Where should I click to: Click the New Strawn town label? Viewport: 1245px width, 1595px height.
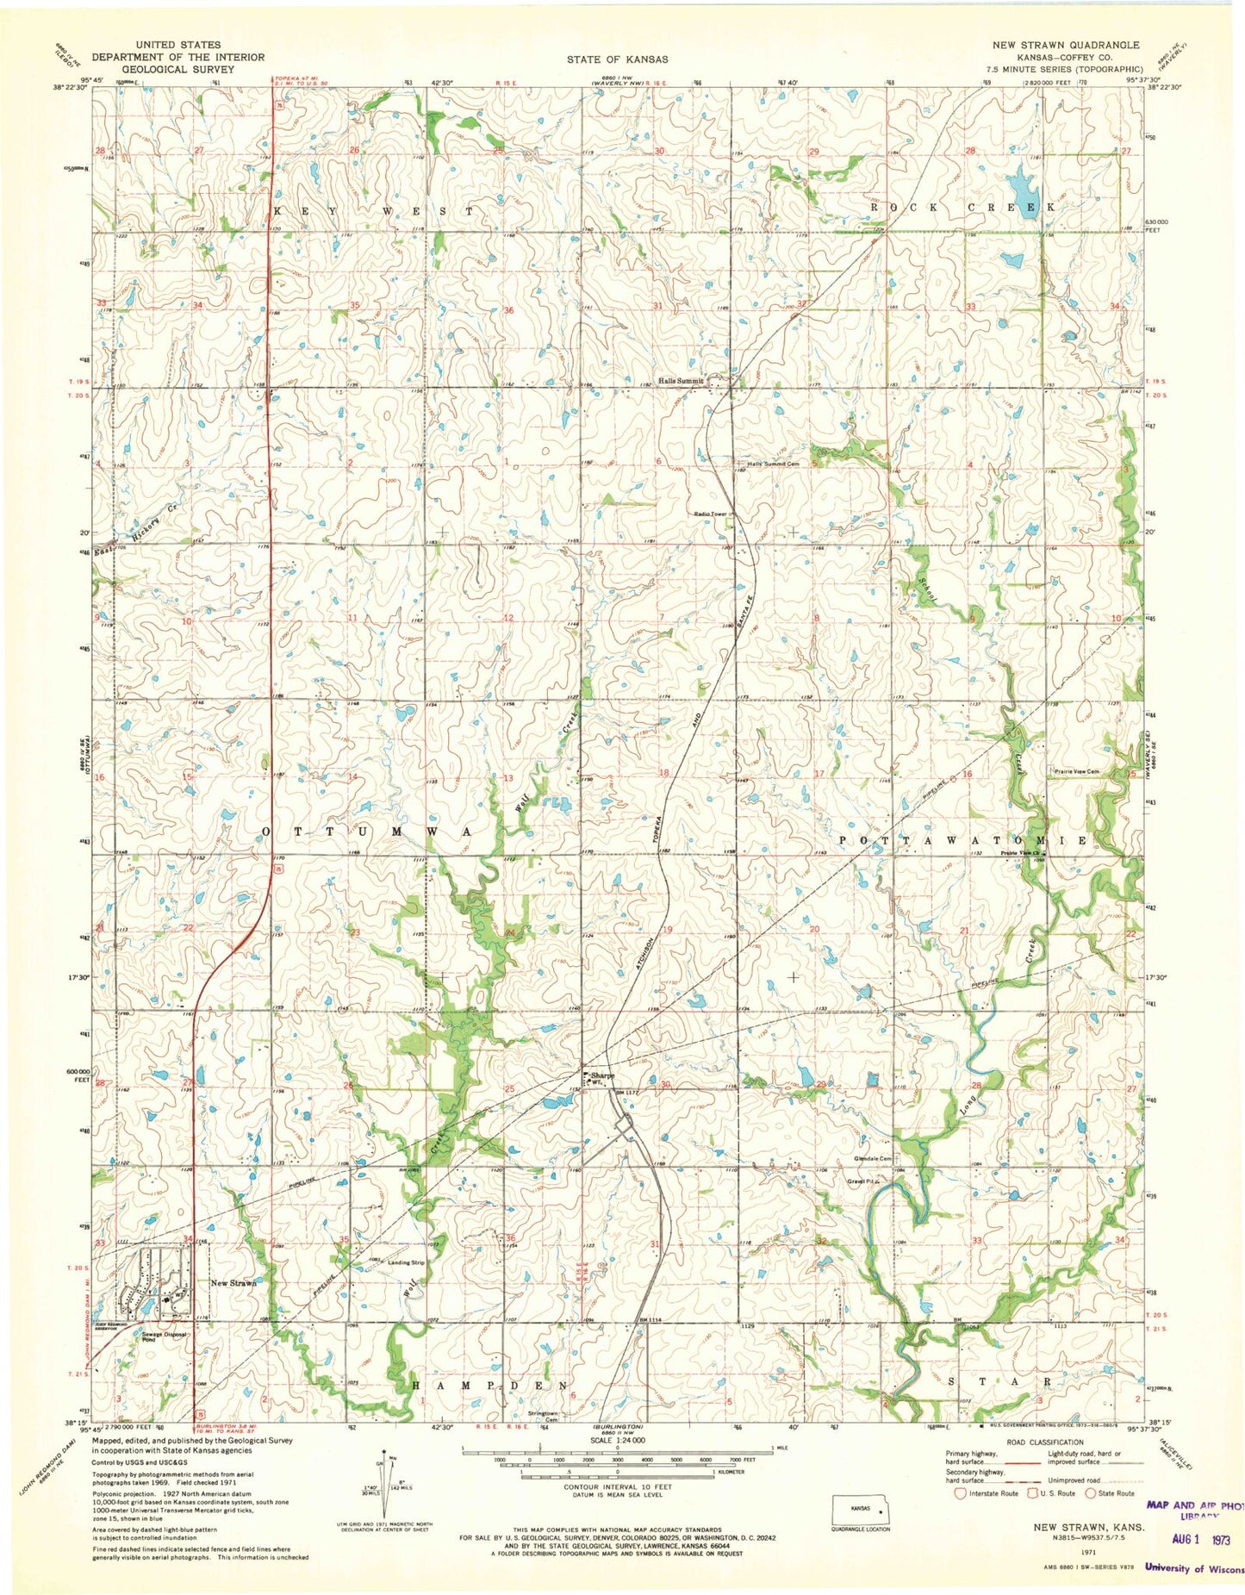coord(233,1283)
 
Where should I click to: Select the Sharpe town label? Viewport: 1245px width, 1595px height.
coord(603,1075)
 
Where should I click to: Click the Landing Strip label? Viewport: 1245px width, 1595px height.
coord(407,1263)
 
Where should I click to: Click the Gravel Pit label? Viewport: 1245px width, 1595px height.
coord(862,1181)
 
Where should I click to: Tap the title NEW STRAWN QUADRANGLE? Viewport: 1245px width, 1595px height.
coord(1065,45)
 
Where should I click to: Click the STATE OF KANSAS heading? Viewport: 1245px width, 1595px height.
coord(617,59)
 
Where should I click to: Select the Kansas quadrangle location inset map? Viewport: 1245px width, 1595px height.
coord(859,1510)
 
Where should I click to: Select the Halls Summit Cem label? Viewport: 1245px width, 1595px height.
coord(774,464)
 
